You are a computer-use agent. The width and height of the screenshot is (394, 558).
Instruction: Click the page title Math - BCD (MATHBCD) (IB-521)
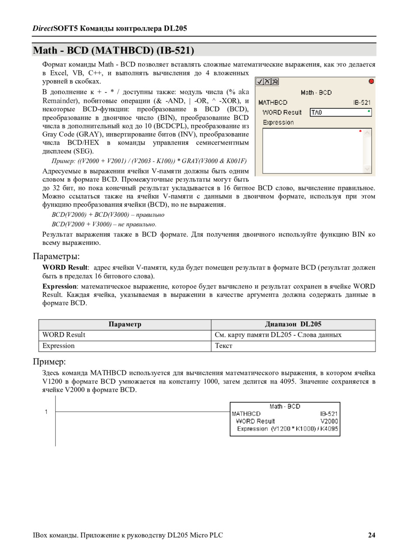(x=113, y=50)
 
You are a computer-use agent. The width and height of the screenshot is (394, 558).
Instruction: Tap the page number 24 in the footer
(x=371, y=535)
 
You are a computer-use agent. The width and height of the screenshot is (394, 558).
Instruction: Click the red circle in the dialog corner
(x=372, y=81)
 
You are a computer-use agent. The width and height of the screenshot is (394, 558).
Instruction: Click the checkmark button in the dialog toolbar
(x=260, y=81)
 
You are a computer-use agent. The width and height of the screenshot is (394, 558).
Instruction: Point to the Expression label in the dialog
(x=278, y=123)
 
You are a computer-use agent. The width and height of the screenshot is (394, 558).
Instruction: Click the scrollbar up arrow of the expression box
(x=367, y=133)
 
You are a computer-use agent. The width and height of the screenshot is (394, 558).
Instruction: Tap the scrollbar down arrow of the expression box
(x=367, y=169)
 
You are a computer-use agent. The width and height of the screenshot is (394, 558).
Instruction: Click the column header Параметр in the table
(x=125, y=325)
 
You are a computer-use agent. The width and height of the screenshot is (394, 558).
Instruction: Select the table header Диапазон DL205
(x=293, y=325)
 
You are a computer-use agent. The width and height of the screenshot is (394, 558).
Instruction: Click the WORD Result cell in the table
(x=64, y=335)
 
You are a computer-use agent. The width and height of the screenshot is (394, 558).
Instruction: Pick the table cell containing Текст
(x=223, y=346)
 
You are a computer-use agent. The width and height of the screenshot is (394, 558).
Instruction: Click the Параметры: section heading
(x=56, y=256)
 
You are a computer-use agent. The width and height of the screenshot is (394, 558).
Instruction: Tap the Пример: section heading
(x=49, y=362)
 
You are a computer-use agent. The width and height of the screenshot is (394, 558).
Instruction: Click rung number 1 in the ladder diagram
(x=46, y=412)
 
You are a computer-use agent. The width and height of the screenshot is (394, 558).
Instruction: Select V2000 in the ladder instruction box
(x=329, y=421)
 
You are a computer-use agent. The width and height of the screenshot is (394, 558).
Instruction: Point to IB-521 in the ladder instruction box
(x=329, y=414)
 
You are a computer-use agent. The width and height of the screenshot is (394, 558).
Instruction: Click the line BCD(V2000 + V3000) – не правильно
(x=104, y=224)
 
